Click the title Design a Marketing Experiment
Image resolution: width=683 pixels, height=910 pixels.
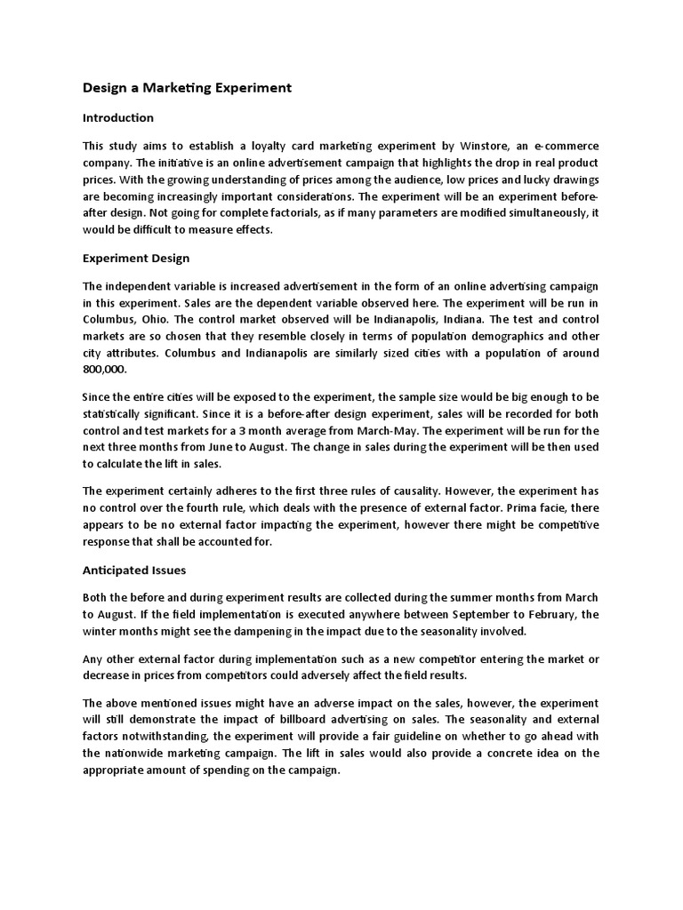point(187,88)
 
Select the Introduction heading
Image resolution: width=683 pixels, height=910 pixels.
point(118,117)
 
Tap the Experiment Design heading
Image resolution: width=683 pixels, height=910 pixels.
point(136,259)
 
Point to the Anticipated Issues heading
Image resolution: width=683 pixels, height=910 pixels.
point(134,570)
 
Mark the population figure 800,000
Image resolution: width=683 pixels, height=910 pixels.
point(105,369)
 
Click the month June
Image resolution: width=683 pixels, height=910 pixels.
point(203,447)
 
